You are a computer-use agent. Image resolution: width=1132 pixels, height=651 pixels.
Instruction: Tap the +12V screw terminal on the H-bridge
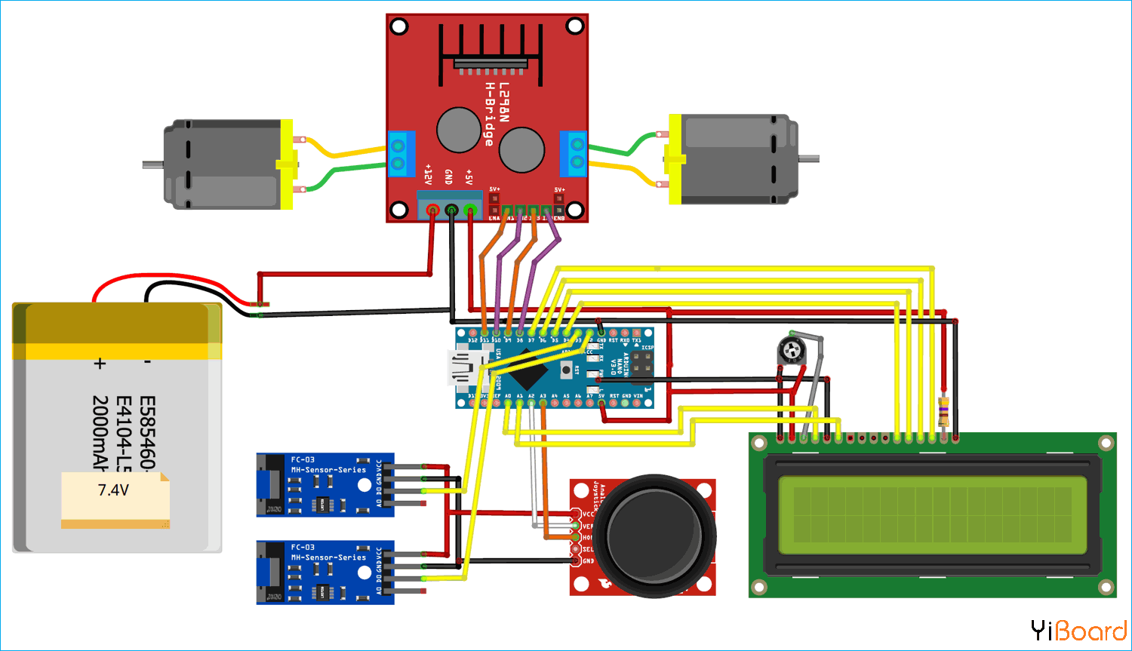tap(432, 210)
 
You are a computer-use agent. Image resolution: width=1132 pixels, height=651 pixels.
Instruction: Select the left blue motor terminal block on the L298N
tap(401, 153)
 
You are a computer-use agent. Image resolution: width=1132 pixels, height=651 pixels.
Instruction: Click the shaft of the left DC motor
tap(153, 164)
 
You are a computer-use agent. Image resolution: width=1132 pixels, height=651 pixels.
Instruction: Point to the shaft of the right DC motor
tap(809, 158)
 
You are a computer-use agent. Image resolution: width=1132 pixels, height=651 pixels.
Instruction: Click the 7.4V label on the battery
tap(113, 490)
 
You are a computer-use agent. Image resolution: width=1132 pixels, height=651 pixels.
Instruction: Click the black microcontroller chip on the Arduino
tap(529, 370)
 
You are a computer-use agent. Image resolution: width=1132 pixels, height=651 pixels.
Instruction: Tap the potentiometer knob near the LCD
tap(790, 349)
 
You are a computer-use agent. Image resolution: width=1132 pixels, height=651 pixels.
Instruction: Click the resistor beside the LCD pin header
tap(943, 412)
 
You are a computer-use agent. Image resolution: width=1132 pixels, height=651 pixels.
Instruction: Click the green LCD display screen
tap(932, 513)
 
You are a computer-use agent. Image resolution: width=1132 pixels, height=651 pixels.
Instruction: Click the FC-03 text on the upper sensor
tap(303, 459)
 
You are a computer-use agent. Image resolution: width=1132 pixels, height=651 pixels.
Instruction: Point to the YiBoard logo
tap(1078, 631)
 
